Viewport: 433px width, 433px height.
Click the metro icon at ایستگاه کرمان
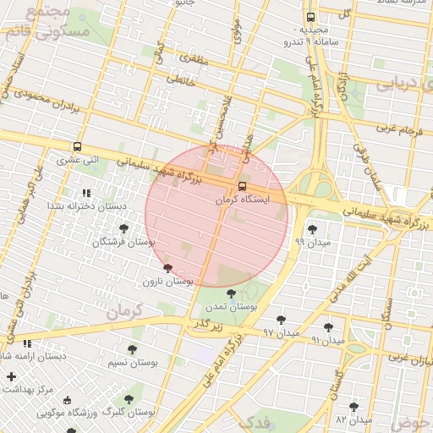tap(243, 186)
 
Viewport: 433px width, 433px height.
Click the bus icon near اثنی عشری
tap(78, 146)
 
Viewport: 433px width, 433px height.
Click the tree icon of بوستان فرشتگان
tap(124, 228)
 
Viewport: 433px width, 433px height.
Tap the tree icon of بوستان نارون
tap(167, 267)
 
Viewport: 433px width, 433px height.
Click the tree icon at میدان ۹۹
tap(312, 229)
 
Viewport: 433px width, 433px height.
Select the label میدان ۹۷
tap(282, 333)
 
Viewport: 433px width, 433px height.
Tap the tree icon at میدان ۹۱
tap(328, 327)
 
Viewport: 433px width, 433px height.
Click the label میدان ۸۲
tap(354, 419)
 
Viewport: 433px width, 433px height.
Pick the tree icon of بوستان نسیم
tap(131, 349)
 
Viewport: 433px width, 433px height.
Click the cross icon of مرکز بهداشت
tap(10, 376)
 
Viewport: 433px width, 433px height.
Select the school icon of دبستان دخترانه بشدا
tap(86, 194)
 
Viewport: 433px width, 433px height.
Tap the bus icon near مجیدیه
tap(310, 16)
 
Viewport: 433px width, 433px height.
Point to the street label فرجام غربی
tap(393, 129)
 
